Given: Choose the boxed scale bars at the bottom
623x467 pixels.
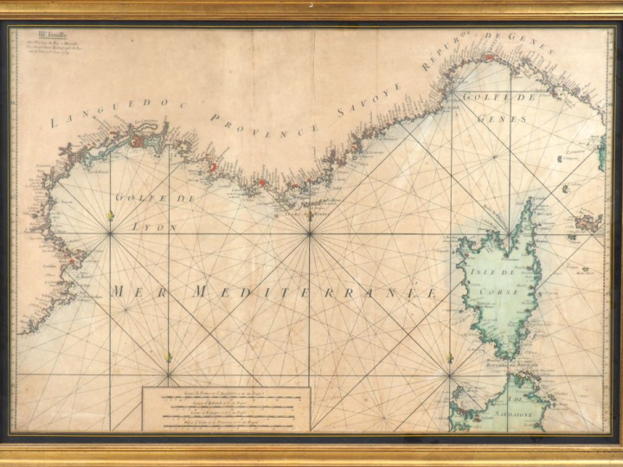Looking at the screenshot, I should click(226, 407).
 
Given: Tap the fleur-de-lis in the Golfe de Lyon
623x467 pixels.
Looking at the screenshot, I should click(110, 220).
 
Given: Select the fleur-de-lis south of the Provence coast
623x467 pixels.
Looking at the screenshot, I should click(310, 218).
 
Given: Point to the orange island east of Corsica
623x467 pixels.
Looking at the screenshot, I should click(588, 222).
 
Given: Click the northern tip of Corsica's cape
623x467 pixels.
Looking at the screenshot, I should click(528, 200).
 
